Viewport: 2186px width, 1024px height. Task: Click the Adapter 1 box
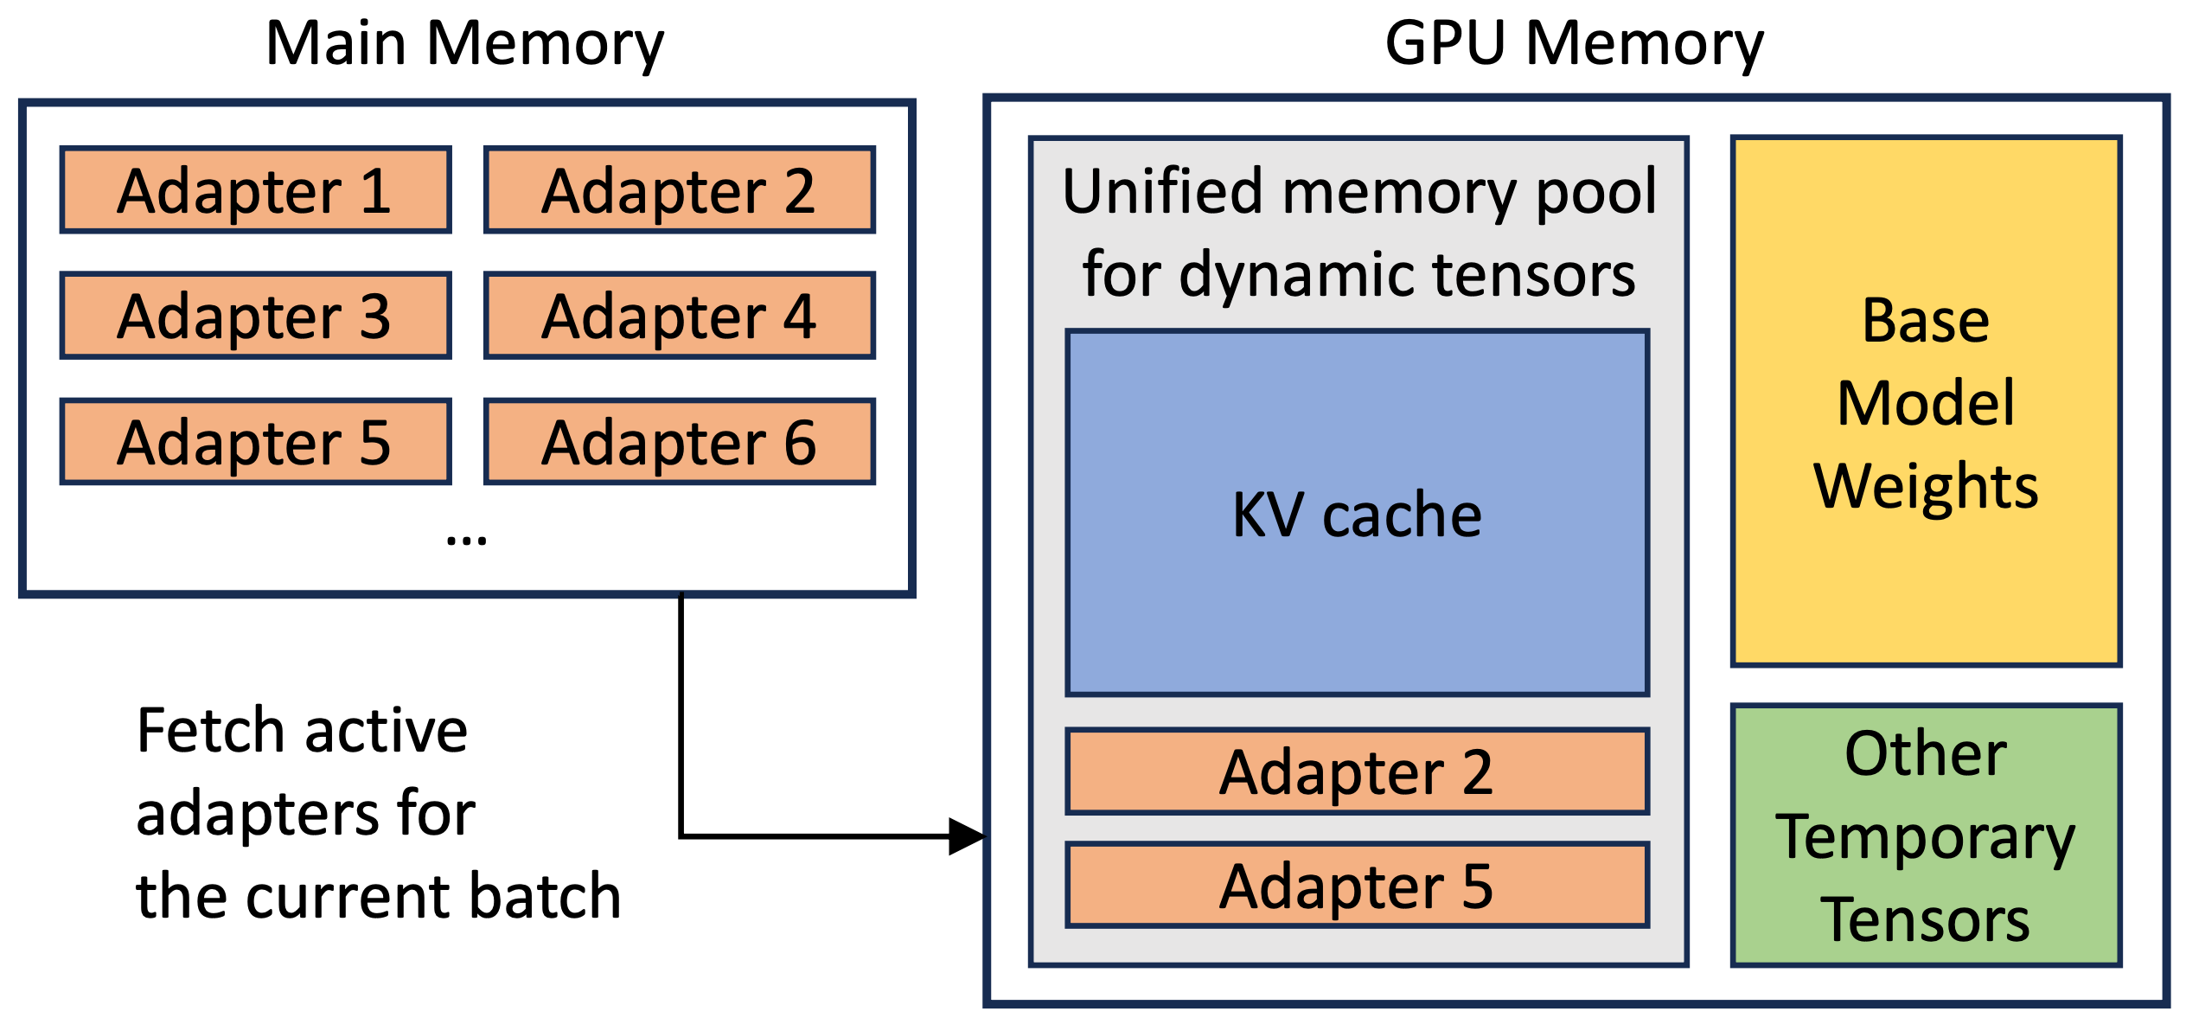(x=256, y=190)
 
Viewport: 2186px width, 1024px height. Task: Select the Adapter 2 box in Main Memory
(x=680, y=190)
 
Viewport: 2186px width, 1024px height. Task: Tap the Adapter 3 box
(x=256, y=316)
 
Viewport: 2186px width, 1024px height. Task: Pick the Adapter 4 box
(x=680, y=316)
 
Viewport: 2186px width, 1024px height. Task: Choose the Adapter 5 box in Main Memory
(x=256, y=442)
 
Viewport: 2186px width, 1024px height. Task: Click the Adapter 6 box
(x=680, y=442)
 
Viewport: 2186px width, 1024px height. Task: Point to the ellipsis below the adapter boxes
(x=466, y=541)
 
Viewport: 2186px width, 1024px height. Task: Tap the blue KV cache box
(x=1358, y=513)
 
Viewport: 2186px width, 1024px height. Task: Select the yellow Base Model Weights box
(x=1926, y=402)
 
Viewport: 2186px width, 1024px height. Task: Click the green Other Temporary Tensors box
(x=1926, y=836)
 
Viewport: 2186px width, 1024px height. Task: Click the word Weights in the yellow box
(x=1926, y=486)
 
